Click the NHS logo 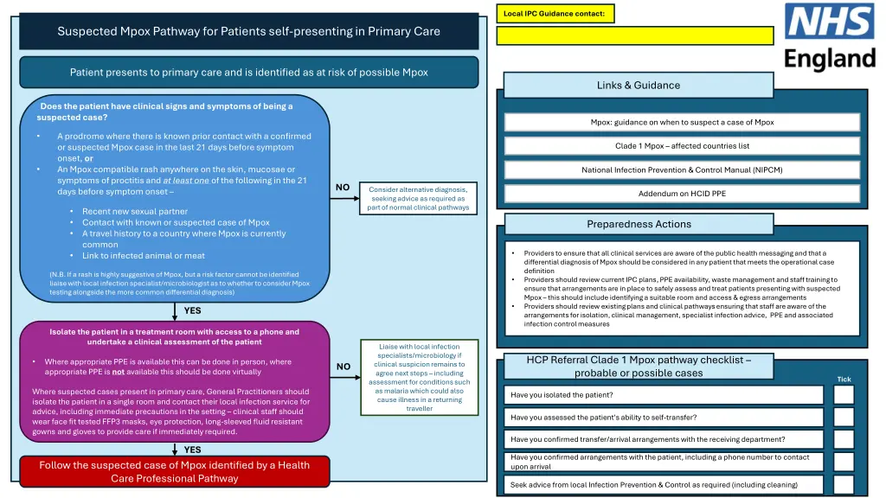pyautogui.click(x=830, y=36)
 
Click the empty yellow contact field pyautogui.click(x=635, y=35)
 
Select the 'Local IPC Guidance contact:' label pyautogui.click(x=554, y=13)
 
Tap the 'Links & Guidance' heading pyautogui.click(x=638, y=85)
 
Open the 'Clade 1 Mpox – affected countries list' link pyautogui.click(x=682, y=146)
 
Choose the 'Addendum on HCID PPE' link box pyautogui.click(x=682, y=193)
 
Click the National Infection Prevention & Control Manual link pyautogui.click(x=682, y=169)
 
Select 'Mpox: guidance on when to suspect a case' pyautogui.click(x=682, y=123)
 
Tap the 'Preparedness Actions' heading pyautogui.click(x=639, y=224)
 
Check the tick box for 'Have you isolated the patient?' pyautogui.click(x=843, y=395)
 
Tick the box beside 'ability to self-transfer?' pyautogui.click(x=843, y=418)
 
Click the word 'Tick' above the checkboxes pyautogui.click(x=844, y=379)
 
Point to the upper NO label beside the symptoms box pyautogui.click(x=343, y=188)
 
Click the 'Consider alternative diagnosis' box pyautogui.click(x=417, y=198)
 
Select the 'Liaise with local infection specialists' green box pyautogui.click(x=419, y=377)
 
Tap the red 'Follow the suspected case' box pyautogui.click(x=174, y=471)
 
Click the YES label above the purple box pyautogui.click(x=192, y=310)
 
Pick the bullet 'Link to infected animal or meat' pyautogui.click(x=143, y=256)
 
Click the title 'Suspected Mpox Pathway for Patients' pyautogui.click(x=248, y=32)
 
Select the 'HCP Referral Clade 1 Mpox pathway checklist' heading pyautogui.click(x=639, y=367)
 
